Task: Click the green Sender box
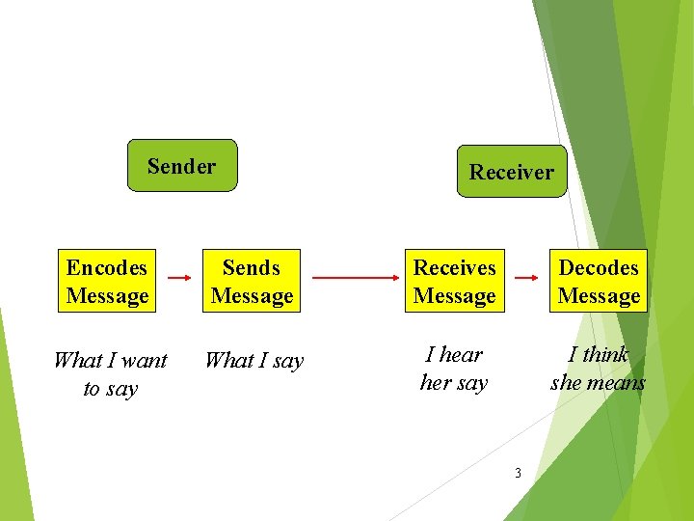point(182,166)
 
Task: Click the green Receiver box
point(512,172)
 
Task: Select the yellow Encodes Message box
point(107,282)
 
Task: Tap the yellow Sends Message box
point(252,282)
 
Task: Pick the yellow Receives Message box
point(454,282)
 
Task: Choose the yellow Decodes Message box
point(599,282)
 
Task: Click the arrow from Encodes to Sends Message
point(179,278)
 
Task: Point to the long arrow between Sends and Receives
point(354,278)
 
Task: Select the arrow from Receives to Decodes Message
point(526,278)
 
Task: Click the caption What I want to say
point(110,374)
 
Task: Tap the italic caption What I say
point(254,361)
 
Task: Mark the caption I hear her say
point(454,369)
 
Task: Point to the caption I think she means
point(599,369)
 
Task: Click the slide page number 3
point(518,473)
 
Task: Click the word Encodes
point(107,267)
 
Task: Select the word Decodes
point(599,267)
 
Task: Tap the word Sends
point(252,267)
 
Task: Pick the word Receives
point(454,267)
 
